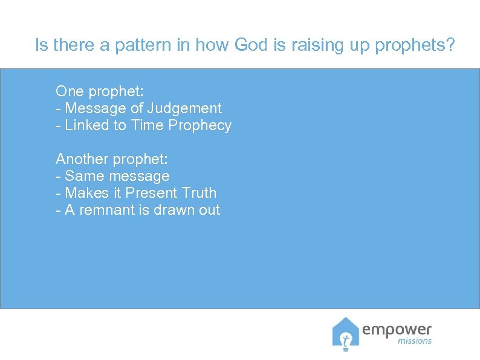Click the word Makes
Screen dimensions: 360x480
tap(85, 193)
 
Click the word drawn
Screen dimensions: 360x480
tap(167, 210)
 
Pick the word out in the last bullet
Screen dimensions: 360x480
tap(209, 210)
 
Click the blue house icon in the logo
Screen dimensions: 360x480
tap(345, 334)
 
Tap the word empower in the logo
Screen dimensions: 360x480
tap(397, 329)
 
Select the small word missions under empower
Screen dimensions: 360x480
tap(415, 341)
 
